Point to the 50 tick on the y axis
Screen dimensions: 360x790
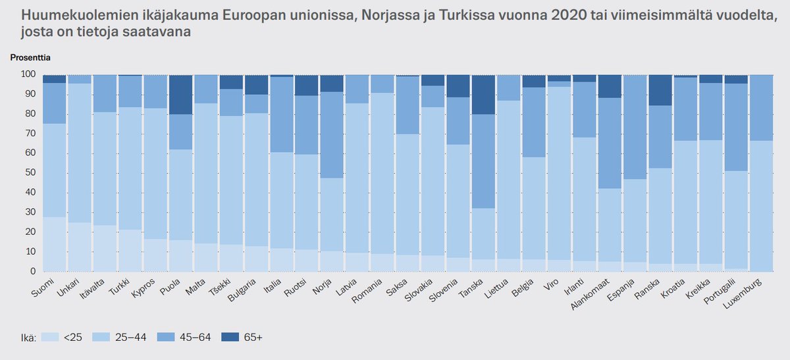point(29,173)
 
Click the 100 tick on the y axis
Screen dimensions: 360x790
point(27,74)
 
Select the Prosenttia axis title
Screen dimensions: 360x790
point(30,57)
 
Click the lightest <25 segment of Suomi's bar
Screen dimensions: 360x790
point(54,244)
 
